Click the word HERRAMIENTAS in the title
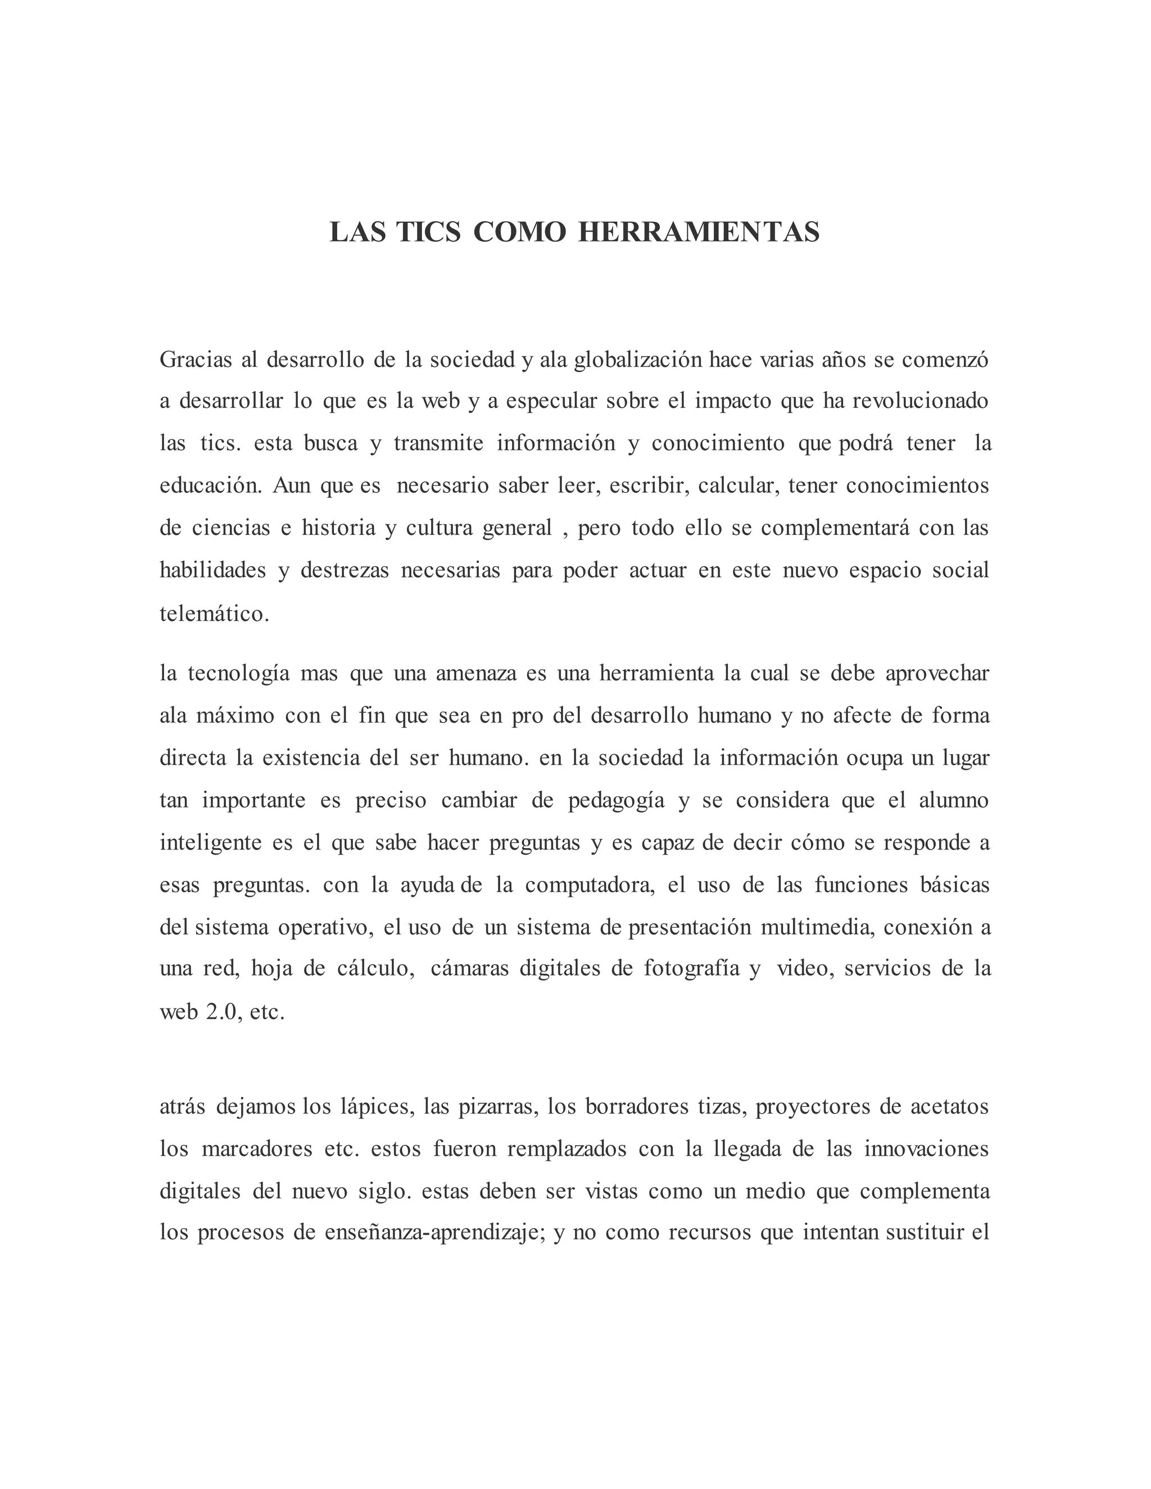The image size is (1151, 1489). pos(699,233)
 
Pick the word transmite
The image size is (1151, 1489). pos(438,443)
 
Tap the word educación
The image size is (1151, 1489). pos(211,485)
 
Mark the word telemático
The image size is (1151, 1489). pos(214,614)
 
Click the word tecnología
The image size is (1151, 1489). pos(238,673)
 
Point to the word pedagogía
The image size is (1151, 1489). pos(616,800)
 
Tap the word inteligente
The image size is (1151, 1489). pos(211,843)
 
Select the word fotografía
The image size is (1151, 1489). pos(691,969)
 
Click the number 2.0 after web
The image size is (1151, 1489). pos(223,1012)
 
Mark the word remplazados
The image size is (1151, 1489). pos(567,1148)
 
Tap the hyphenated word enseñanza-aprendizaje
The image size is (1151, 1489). pos(423,1233)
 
